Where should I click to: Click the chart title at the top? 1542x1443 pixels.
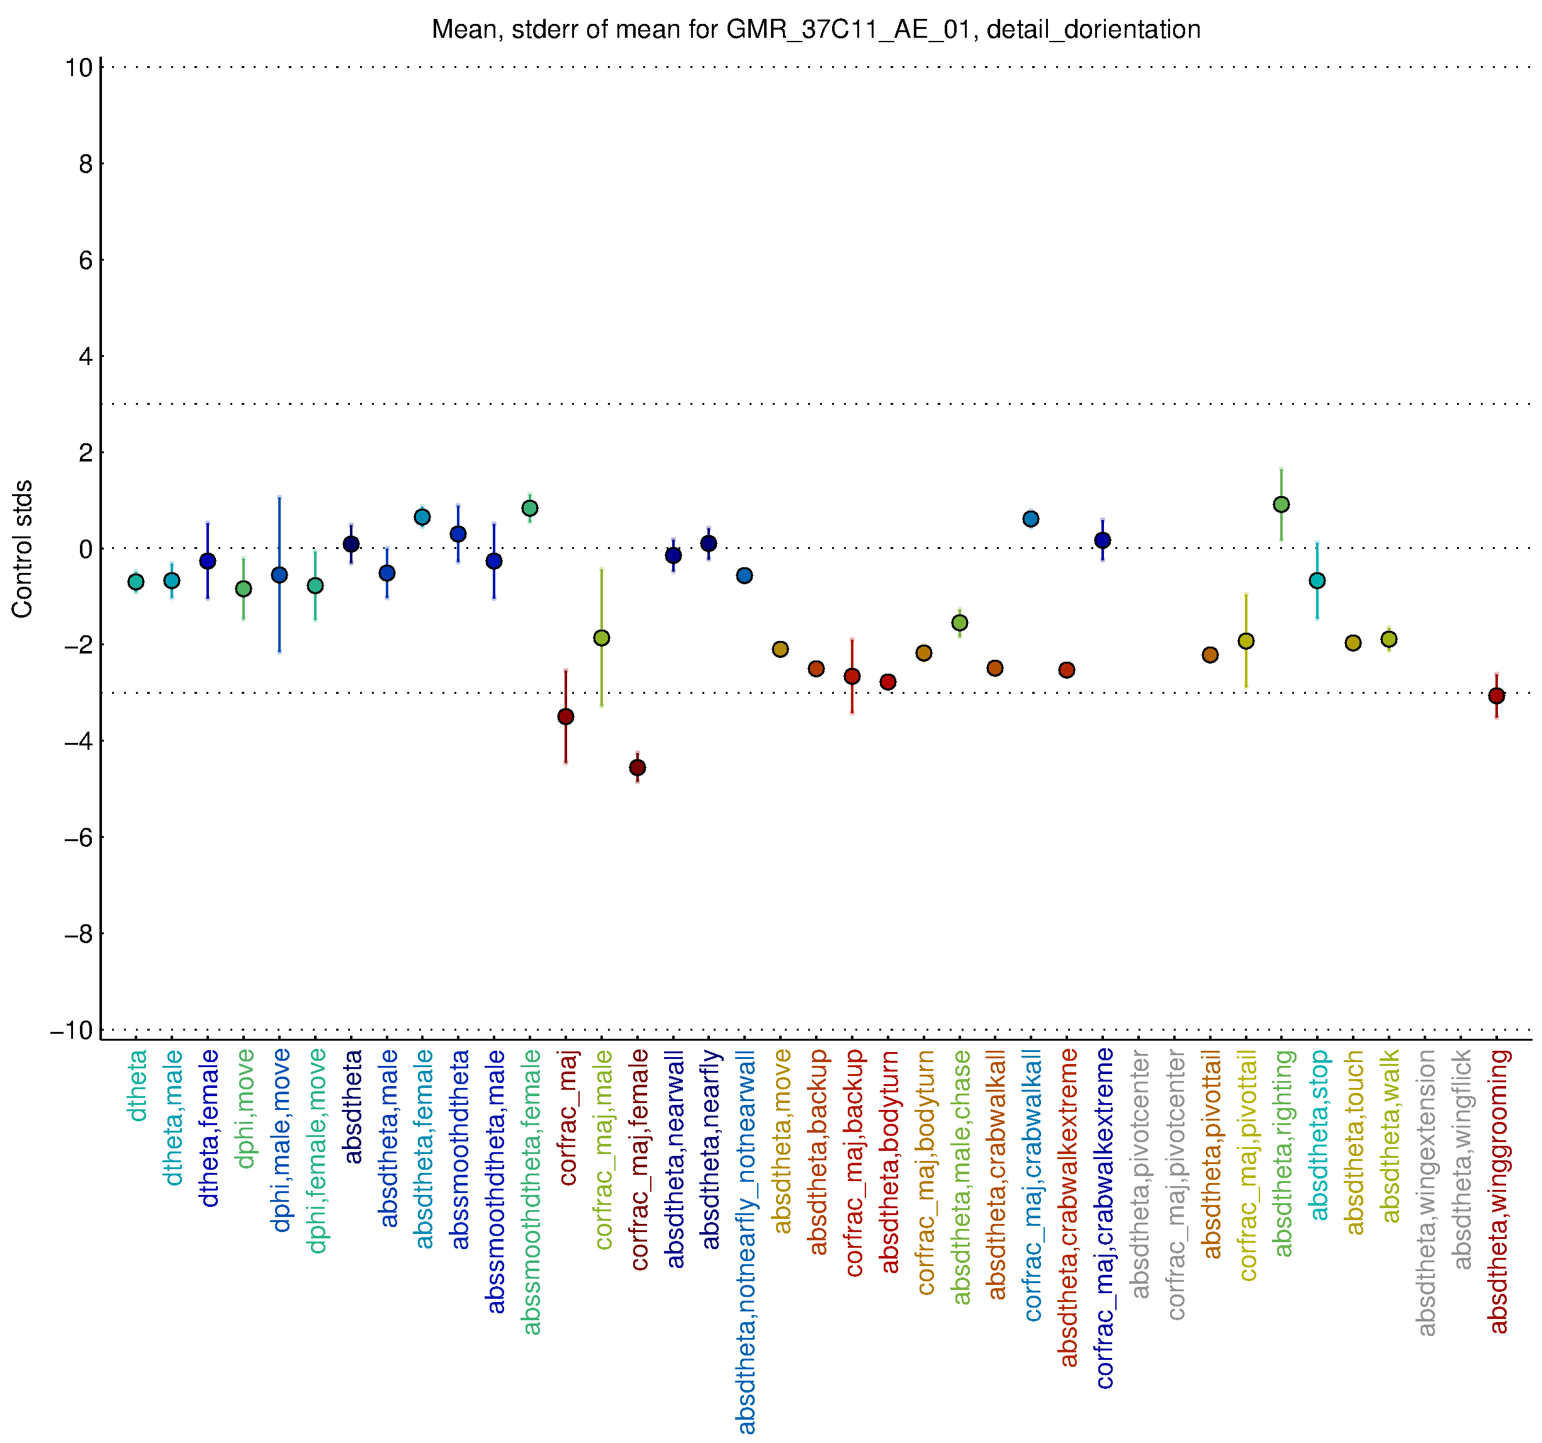[815, 30]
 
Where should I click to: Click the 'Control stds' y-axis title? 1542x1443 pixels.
[23, 548]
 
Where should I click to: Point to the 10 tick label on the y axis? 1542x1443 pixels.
[78, 67]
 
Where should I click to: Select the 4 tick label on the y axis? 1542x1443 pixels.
[84, 357]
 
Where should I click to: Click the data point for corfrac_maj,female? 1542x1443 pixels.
[638, 768]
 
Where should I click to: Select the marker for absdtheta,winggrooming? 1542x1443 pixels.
[1497, 696]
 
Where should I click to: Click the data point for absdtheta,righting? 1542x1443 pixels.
[1281, 505]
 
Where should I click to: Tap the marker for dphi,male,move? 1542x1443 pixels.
[279, 575]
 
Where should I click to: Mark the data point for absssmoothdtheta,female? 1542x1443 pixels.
[530, 508]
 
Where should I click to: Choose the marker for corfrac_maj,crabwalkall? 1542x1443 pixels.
[1031, 519]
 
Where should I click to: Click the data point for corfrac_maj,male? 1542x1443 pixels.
[601, 638]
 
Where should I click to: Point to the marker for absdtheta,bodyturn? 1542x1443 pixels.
[888, 682]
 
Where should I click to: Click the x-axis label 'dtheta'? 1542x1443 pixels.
[137, 1086]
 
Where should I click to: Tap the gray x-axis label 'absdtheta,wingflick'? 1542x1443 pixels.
[1461, 1160]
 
